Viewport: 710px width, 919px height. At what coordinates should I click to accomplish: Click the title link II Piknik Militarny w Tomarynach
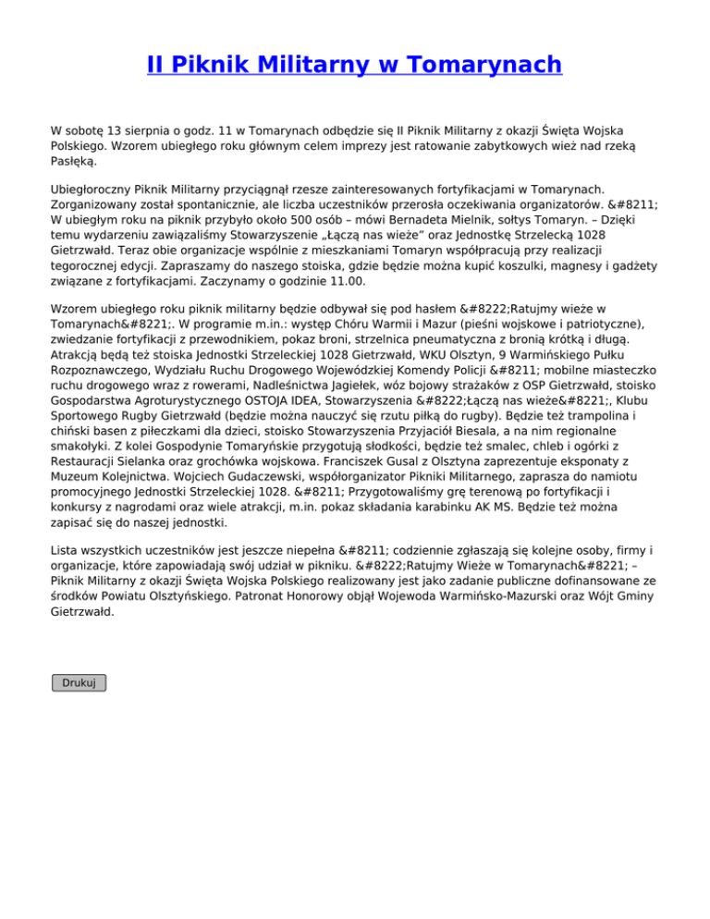pos(354,65)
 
